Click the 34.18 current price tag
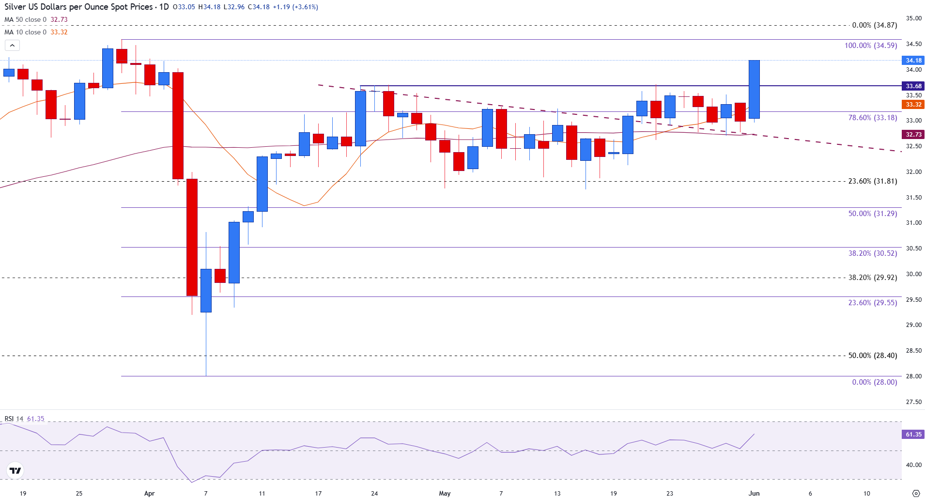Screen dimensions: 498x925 pos(913,61)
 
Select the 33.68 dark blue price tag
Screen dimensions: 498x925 pos(913,86)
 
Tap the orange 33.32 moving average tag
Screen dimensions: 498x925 pos(913,105)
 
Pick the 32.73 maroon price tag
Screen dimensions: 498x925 pos(913,135)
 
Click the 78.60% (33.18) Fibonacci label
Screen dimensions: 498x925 pos(872,118)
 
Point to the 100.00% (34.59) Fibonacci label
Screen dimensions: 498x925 pos(870,46)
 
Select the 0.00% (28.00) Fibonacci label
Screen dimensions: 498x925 pos(874,382)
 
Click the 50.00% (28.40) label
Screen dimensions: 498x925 pos(872,356)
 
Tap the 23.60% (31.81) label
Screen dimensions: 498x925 pos(872,181)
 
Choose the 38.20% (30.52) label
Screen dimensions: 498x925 pos(872,253)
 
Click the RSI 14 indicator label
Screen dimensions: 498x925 pos(14,419)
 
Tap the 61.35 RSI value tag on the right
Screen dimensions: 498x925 pos(913,435)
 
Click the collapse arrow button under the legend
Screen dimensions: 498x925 pos(12,46)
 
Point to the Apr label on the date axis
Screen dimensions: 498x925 pos(149,493)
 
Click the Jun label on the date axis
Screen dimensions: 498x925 pos(754,493)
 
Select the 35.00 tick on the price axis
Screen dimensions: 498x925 pos(914,18)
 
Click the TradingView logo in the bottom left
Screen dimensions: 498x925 pos(15,470)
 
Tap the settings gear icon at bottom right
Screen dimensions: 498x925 pos(915,493)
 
